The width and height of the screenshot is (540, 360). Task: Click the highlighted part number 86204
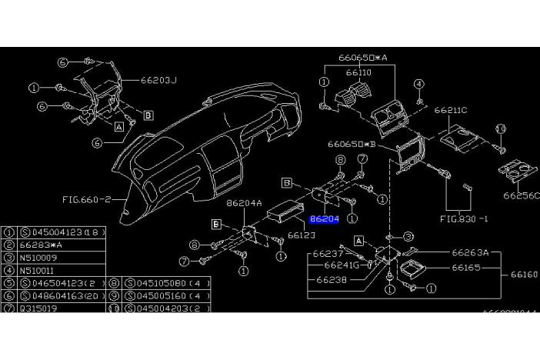pyautogui.click(x=324, y=219)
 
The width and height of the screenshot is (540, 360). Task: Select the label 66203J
pyautogui.click(x=159, y=79)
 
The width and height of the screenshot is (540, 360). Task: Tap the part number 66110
pyautogui.click(x=358, y=72)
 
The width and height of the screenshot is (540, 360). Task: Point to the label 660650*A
pyautogui.click(x=363, y=57)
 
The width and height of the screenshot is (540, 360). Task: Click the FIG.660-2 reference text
pyautogui.click(x=87, y=198)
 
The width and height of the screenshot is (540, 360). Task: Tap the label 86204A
pyautogui.click(x=245, y=204)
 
